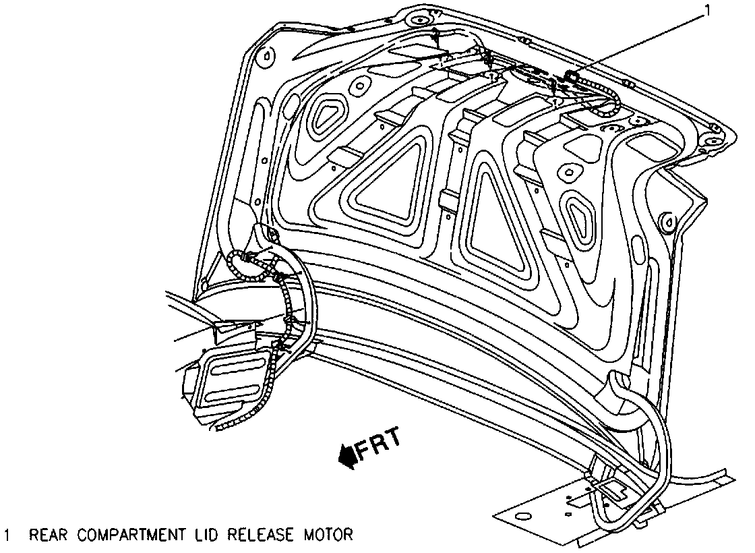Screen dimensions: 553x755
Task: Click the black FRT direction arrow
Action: tap(349, 457)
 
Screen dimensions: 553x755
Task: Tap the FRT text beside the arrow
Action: tap(379, 444)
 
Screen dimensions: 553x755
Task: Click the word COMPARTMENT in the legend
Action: tap(129, 535)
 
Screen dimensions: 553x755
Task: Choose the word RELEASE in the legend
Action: tap(259, 535)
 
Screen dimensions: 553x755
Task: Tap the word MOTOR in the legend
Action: tap(326, 535)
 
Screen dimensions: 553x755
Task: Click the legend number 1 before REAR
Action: tap(7, 535)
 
